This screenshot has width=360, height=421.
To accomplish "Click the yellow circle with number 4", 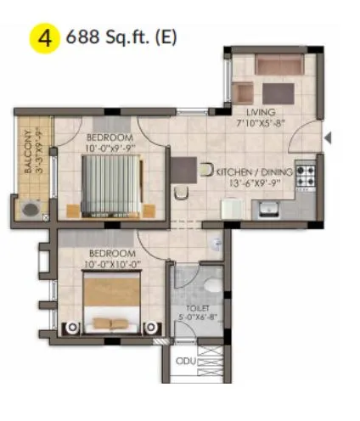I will [44, 39].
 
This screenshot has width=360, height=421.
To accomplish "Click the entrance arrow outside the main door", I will [328, 137].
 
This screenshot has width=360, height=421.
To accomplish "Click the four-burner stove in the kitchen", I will [306, 176].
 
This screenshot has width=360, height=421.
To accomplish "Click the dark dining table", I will [182, 171].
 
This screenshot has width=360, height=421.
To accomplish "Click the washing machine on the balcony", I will [31, 209].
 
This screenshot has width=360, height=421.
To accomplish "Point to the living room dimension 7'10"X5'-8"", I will [260, 123].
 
